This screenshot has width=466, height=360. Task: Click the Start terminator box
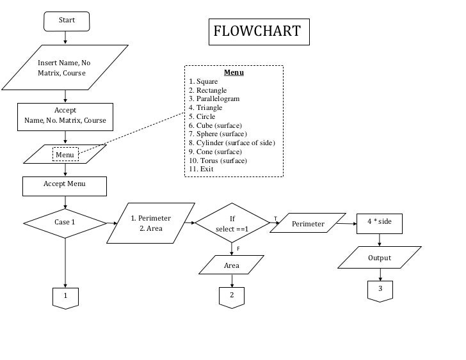pyautogui.click(x=67, y=20)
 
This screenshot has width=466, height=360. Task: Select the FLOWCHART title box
pyautogui.click(x=259, y=32)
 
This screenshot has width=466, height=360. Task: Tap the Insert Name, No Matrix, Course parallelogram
pyautogui.click(x=64, y=68)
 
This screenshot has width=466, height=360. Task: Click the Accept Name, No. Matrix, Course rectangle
pyautogui.click(x=65, y=115)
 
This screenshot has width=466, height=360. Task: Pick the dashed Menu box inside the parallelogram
pyautogui.click(x=65, y=154)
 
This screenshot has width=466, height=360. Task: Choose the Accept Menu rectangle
pyautogui.click(x=65, y=185)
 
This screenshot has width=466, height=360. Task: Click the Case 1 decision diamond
pyautogui.click(x=65, y=223)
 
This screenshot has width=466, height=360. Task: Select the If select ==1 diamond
pyautogui.click(x=232, y=223)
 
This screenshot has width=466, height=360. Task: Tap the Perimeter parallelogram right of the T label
pyautogui.click(x=308, y=224)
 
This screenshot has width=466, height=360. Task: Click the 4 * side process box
pyautogui.click(x=380, y=221)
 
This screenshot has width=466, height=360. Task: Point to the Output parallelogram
pyautogui.click(x=380, y=258)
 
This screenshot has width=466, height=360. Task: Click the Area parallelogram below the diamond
pyautogui.click(x=232, y=265)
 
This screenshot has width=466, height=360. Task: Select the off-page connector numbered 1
pyautogui.click(x=65, y=297)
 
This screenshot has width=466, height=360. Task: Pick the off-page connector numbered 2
pyautogui.click(x=232, y=295)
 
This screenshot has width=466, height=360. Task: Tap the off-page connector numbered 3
pyautogui.click(x=380, y=290)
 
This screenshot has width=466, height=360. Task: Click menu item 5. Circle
pyautogui.click(x=202, y=117)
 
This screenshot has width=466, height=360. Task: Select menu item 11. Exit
pyautogui.click(x=201, y=169)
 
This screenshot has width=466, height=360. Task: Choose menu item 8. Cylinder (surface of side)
pyautogui.click(x=232, y=143)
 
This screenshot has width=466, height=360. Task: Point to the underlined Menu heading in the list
pyautogui.click(x=234, y=72)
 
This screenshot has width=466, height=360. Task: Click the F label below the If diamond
pyautogui.click(x=238, y=248)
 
